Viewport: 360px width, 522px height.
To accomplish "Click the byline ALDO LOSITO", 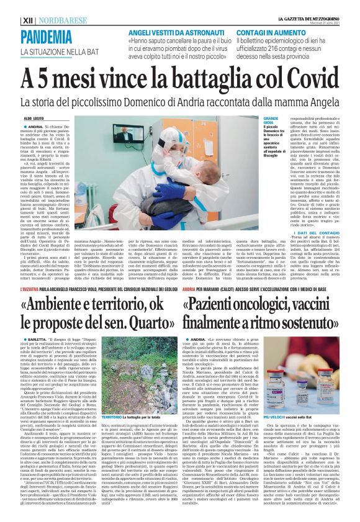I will (35, 117).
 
